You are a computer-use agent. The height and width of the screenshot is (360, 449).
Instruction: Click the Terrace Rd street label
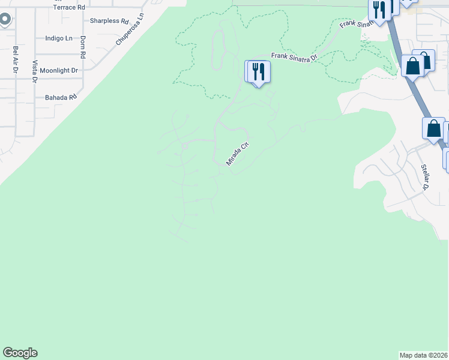[68, 7]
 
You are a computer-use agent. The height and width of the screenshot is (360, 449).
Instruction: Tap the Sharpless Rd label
[109, 21]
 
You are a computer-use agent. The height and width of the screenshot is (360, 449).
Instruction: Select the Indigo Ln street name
[59, 38]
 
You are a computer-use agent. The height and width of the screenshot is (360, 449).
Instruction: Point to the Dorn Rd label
[83, 46]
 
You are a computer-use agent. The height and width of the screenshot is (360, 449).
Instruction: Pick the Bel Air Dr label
[14, 59]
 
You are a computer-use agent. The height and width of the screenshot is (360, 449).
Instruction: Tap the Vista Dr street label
[35, 71]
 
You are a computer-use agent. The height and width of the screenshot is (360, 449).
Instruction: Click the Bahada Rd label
[61, 97]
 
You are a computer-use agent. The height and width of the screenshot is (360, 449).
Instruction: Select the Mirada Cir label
[237, 154]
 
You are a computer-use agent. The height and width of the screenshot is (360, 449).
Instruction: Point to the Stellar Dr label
[425, 177]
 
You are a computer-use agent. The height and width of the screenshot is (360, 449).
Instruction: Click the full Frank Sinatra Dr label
[294, 58]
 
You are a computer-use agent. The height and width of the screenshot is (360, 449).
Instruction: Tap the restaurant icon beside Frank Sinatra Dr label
[259, 72]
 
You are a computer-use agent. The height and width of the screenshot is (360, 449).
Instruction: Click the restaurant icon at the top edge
[379, 10]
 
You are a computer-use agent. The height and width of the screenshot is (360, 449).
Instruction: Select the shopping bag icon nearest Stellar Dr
[433, 128]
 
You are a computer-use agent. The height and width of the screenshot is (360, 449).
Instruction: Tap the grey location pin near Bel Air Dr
[4, 20]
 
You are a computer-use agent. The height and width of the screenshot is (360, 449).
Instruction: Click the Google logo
[20, 353]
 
